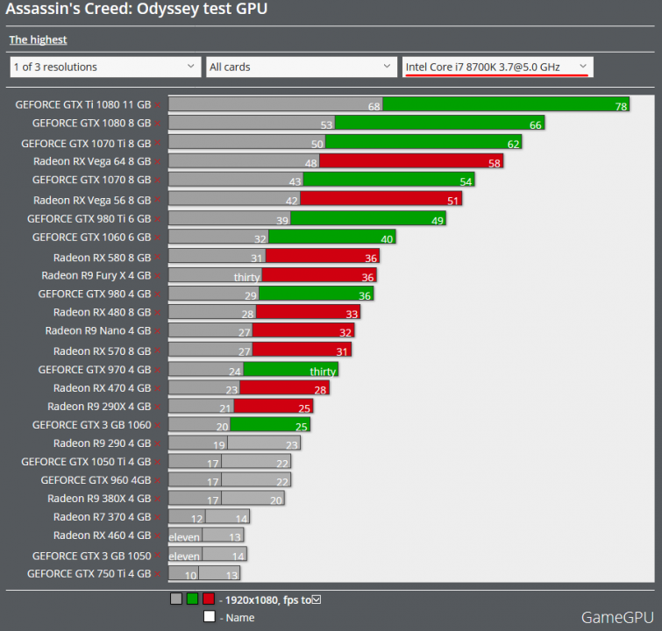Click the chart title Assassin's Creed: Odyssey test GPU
click(137, 10)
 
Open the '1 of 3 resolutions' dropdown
click(105, 67)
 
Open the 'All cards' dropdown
click(302, 67)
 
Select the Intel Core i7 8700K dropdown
click(496, 67)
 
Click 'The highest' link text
click(38, 39)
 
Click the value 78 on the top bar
click(621, 106)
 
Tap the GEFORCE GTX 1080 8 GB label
click(91, 124)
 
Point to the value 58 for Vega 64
click(495, 163)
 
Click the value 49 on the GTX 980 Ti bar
click(438, 220)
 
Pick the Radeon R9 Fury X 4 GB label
click(96, 275)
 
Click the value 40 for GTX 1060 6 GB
click(387, 238)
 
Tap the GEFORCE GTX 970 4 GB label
click(95, 370)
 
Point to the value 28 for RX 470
click(321, 389)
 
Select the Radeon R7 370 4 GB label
click(102, 516)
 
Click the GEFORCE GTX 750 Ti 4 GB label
click(89, 574)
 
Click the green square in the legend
click(192, 599)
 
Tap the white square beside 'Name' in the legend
click(209, 617)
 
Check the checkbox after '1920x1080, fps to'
click(317, 599)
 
